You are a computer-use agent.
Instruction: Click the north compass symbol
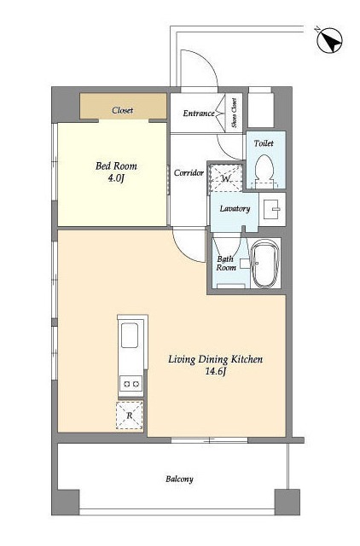coord(329,41)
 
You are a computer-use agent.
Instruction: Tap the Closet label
coord(123,110)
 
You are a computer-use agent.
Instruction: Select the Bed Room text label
coord(116,166)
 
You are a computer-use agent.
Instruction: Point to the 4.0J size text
coord(115,178)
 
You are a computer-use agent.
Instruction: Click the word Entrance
coord(199,113)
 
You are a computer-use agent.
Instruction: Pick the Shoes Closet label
coord(235,113)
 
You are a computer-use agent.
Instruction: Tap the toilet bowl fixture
coord(264,171)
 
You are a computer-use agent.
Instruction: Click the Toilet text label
coord(264,143)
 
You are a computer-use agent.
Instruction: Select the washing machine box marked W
coord(226,177)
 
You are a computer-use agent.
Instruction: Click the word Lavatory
coord(235,208)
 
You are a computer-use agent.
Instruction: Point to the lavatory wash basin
coord(272,209)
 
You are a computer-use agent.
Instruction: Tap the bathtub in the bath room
coord(265,264)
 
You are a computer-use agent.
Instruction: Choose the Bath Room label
coord(226,264)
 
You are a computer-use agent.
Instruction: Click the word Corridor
coord(189,172)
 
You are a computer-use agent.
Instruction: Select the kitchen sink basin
coord(130,335)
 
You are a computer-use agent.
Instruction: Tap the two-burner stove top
coord(131,384)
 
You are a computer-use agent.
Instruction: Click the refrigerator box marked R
coord(130,415)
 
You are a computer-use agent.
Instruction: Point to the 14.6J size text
coord(216,372)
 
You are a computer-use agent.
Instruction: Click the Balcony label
coord(179,479)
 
